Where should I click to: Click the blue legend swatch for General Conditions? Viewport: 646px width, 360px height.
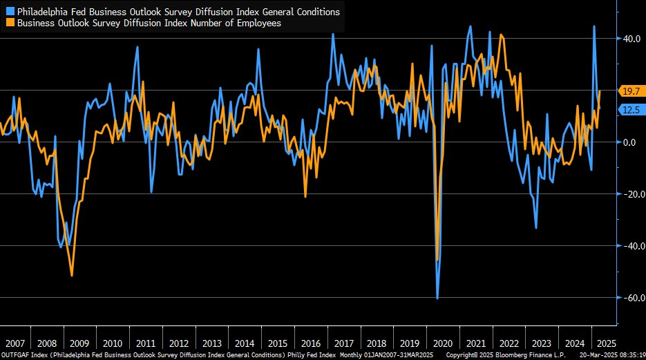pyautogui.click(x=10, y=12)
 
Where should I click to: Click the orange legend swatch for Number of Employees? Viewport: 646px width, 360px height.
pyautogui.click(x=10, y=23)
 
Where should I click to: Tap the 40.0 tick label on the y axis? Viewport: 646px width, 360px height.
pyautogui.click(x=633, y=39)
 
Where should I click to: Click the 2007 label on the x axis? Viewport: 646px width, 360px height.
pyautogui.click(x=15, y=343)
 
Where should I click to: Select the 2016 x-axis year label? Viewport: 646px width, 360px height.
pyautogui.click(x=311, y=343)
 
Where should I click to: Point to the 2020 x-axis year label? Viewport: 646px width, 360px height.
pyautogui.click(x=442, y=343)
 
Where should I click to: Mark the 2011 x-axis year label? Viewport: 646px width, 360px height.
pyautogui.click(x=146, y=343)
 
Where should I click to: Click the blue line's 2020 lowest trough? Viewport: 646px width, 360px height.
pyautogui.click(x=437, y=299)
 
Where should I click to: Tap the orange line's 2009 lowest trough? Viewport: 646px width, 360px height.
pyautogui.click(x=72, y=276)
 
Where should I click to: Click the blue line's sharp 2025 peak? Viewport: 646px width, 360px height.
pyautogui.click(x=594, y=26)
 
